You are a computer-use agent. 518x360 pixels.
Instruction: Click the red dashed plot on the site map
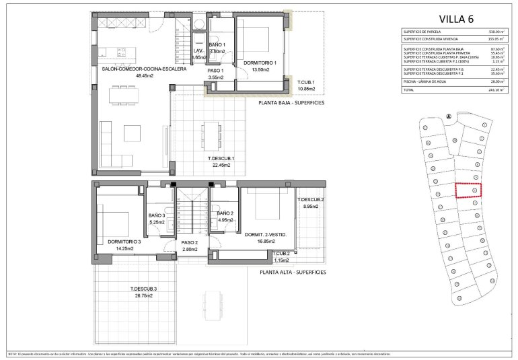tap(469, 191)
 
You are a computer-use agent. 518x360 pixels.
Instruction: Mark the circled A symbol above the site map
tap(447, 115)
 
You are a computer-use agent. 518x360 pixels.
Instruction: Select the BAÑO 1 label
tap(217, 44)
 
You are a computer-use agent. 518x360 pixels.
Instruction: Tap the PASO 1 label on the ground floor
tap(215, 71)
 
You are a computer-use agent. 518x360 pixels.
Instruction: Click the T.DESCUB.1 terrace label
tap(221, 158)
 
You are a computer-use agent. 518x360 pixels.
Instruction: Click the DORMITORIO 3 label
tap(124, 241)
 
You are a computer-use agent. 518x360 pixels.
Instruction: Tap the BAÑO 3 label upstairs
tap(157, 215)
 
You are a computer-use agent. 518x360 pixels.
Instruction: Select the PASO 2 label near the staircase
tap(188, 242)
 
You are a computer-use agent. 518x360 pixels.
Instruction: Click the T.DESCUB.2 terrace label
tap(311, 200)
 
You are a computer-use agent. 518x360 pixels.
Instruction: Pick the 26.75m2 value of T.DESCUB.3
tap(142, 295)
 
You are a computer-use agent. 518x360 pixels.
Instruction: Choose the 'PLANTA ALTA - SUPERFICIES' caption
tap(292, 273)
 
